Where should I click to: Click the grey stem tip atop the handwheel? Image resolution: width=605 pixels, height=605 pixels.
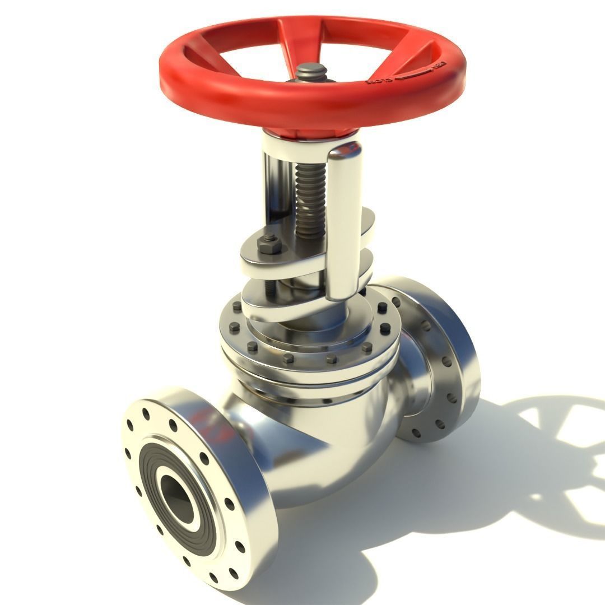312,72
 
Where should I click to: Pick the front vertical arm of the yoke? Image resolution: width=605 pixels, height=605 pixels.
343,224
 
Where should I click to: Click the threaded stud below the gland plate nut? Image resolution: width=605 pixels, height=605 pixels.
269,285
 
